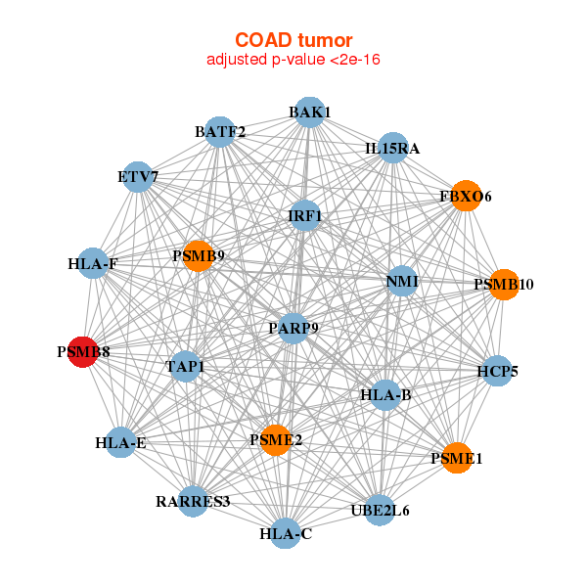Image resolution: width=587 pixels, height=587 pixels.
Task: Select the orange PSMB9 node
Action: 198,256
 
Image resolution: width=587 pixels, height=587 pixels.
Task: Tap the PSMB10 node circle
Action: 503,285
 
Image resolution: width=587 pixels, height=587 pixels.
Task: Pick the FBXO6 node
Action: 466,197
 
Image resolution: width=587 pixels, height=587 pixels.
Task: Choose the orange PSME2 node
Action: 276,440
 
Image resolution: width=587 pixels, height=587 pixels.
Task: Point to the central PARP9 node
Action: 293,328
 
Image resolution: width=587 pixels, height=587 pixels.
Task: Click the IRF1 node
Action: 305,215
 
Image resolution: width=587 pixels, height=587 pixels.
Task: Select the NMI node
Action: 402,282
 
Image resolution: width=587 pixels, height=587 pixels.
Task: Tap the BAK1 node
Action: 309,113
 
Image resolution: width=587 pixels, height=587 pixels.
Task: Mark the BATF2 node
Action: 220,131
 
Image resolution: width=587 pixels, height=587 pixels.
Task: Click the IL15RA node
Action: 392,149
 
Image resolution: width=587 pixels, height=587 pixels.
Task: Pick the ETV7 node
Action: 138,177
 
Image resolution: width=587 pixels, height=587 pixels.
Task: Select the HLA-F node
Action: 93,263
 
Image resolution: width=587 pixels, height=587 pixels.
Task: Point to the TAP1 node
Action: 185,367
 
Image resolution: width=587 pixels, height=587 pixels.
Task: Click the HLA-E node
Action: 121,443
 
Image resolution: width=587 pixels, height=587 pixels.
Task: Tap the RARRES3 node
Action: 193,502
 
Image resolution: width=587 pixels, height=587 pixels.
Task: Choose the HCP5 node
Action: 497,371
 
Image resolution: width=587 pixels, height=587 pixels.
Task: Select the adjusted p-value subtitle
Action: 293,60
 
